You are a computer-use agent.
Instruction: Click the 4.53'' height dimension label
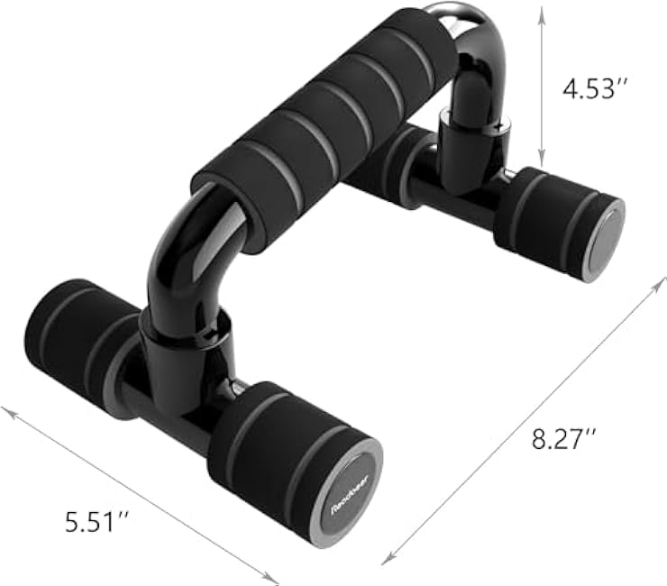594,87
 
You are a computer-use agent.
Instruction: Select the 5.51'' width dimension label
96,520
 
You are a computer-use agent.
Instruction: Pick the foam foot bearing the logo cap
288,460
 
